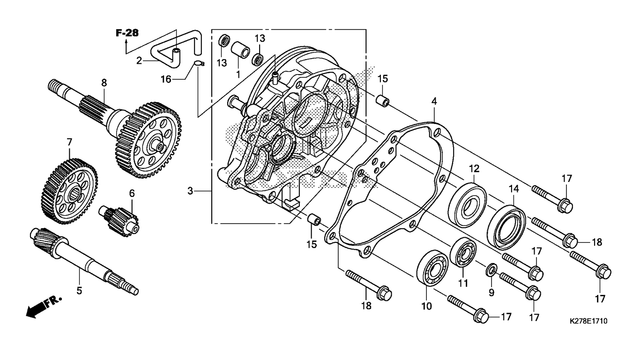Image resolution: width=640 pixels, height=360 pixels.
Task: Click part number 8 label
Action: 104,82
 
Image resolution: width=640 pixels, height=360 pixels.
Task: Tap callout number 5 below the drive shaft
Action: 79,291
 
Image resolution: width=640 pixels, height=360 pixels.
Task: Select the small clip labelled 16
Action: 199,64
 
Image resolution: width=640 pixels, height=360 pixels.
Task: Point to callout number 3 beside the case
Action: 190,191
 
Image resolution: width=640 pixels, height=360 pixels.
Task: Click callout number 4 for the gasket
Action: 434,101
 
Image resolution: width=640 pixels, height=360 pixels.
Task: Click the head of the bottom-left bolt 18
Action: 385,293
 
